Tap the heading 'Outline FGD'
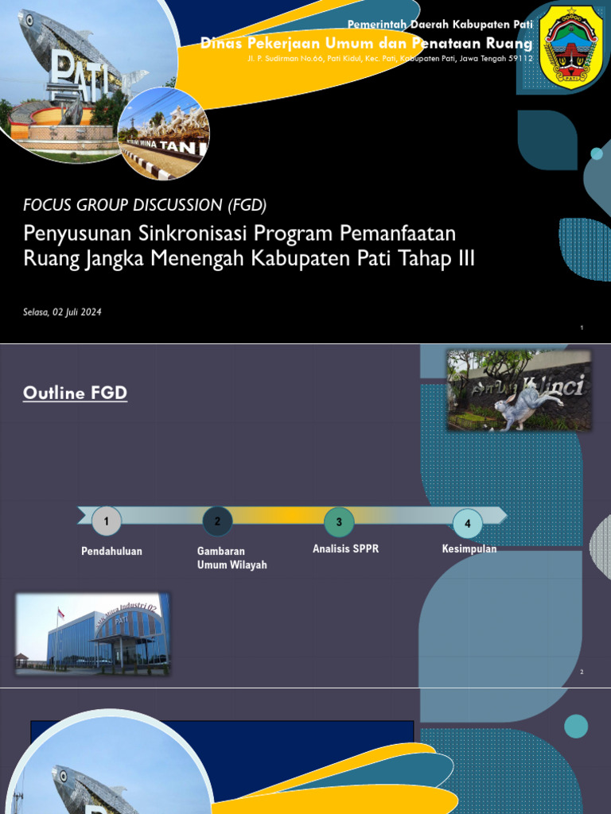click(x=75, y=393)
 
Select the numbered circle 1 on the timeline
click(x=107, y=521)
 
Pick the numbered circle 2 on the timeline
click(x=217, y=521)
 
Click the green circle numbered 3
click(x=339, y=521)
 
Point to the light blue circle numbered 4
click(x=468, y=523)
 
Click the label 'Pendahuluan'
click(x=111, y=551)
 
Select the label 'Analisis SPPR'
click(x=345, y=548)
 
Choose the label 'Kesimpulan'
click(x=469, y=548)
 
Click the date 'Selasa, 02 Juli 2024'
click(x=62, y=312)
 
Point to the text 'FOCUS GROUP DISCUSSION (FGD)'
click(x=145, y=205)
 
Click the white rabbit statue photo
click(x=519, y=390)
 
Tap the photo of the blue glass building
click(x=92, y=634)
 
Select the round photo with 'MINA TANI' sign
click(x=164, y=134)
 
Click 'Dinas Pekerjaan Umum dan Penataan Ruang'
click(x=366, y=43)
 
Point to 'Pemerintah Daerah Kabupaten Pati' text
click(x=440, y=25)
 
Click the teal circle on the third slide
click(x=575, y=726)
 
